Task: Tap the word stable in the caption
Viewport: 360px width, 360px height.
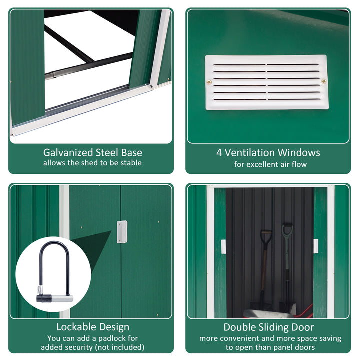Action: click(x=130, y=163)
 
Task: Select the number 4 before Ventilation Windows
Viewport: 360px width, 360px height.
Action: click(x=219, y=153)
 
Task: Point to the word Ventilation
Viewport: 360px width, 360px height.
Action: click(x=250, y=153)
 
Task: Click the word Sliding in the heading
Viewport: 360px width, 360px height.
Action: click(x=270, y=327)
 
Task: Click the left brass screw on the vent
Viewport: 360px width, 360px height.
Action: click(x=209, y=82)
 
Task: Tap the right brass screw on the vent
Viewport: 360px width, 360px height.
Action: click(x=324, y=81)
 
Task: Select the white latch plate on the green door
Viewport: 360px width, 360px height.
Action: click(x=122, y=232)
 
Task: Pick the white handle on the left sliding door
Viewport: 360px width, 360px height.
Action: click(x=223, y=246)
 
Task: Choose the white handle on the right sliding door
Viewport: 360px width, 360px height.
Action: click(x=316, y=246)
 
